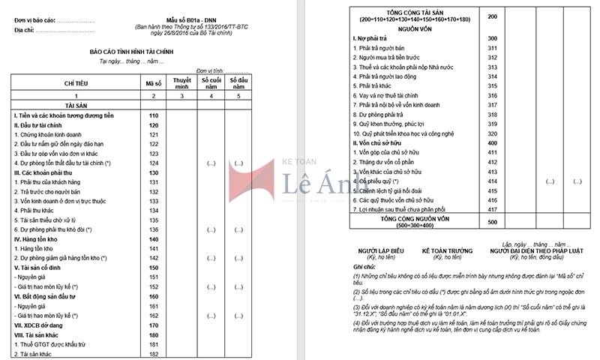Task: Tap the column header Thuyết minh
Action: coord(181,83)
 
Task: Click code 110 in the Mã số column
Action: coord(154,115)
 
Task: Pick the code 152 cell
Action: coord(154,286)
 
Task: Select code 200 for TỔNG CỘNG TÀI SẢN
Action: coord(492,16)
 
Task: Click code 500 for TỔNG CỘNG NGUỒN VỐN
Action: coord(492,222)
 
